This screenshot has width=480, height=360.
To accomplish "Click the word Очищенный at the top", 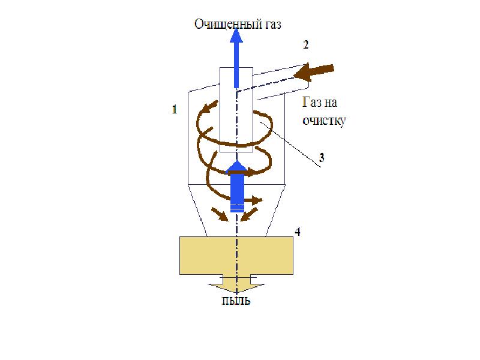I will point(226,25).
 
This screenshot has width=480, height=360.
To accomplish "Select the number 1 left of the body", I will point(175,109).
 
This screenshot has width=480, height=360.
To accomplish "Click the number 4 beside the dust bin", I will point(298,232).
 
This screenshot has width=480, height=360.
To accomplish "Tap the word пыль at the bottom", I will point(234,301).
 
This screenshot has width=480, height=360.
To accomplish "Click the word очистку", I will point(324,119).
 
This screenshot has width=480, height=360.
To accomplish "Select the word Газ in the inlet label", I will point(313,103).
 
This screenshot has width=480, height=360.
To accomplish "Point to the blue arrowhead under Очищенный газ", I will point(236,38).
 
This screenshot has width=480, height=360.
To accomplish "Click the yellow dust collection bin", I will point(236,255).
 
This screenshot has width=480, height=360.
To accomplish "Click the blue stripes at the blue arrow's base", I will point(237,208).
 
